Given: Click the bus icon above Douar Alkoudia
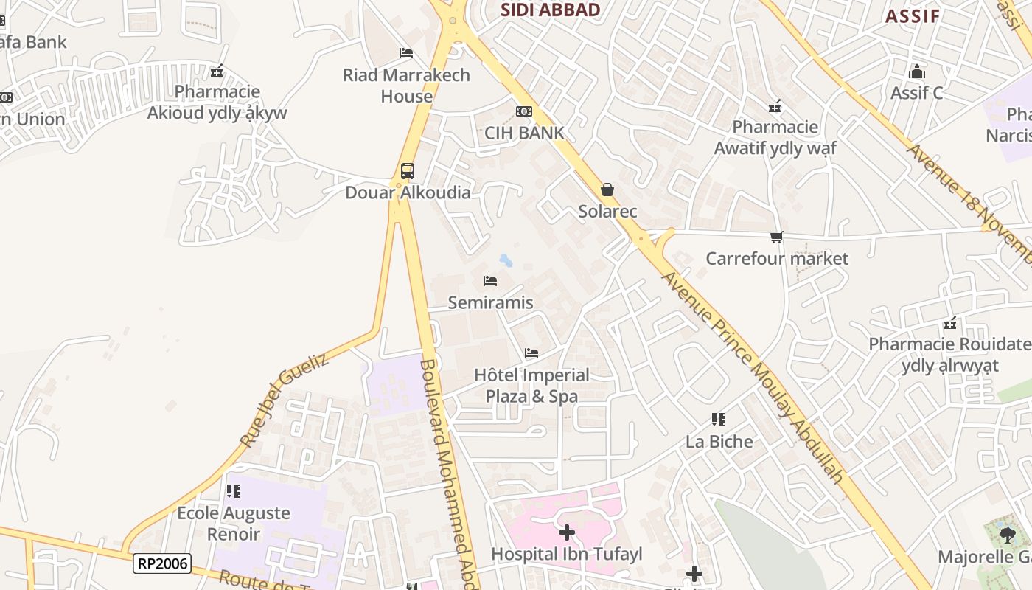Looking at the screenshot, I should (407, 171).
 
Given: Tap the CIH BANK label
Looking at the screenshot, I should (524, 133).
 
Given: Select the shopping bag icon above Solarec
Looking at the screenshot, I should (607, 190).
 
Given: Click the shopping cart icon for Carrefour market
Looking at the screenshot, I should (776, 237).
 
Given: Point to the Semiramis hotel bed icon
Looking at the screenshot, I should (490, 281).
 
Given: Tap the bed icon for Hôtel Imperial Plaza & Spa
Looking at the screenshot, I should (531, 353).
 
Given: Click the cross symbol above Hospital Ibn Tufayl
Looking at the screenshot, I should (566, 532).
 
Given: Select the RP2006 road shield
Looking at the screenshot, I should (162, 564).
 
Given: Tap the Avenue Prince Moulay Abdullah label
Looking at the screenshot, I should (752, 376).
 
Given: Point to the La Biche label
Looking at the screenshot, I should (719, 442).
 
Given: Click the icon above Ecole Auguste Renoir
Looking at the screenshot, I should (233, 491).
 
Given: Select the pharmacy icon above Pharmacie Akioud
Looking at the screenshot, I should (217, 71).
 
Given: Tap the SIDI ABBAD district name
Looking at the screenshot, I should (550, 10).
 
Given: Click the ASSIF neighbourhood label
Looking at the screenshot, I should (913, 16).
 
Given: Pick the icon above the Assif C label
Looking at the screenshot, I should (917, 72).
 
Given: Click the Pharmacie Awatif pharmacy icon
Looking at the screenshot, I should (775, 106).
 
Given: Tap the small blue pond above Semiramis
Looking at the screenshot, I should (506, 260).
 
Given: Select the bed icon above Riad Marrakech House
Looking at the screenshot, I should (406, 53).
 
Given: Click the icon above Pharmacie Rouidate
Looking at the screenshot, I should (951, 323).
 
